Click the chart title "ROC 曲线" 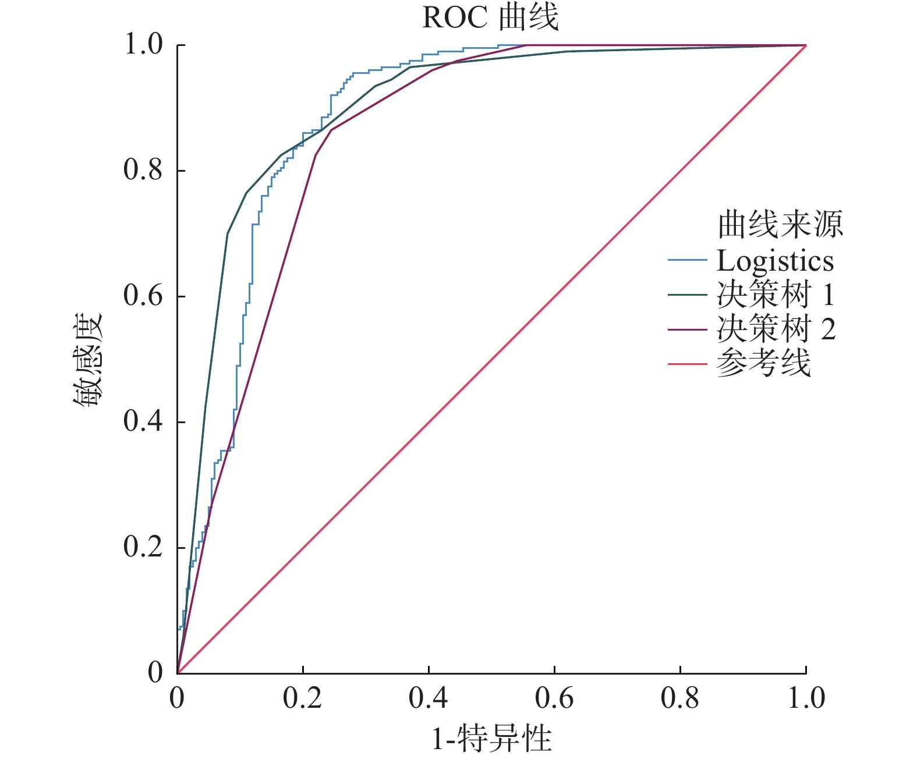click(490, 17)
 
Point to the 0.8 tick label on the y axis click(143, 171)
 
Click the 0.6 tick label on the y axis click(143, 296)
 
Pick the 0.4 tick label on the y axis click(143, 421)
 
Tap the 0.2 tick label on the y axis click(143, 547)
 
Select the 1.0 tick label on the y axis click(143, 45)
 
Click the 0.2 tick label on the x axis click(303, 698)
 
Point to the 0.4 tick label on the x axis click(429, 698)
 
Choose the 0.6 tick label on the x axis click(554, 698)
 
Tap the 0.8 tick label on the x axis click(680, 698)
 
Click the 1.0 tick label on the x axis click(806, 698)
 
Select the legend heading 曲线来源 click(780, 225)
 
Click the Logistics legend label click(775, 261)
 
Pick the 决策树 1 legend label click(776, 295)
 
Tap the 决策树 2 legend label click(776, 329)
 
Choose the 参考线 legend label click(763, 364)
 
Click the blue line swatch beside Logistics click(687, 260)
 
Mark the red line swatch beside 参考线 click(687, 364)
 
